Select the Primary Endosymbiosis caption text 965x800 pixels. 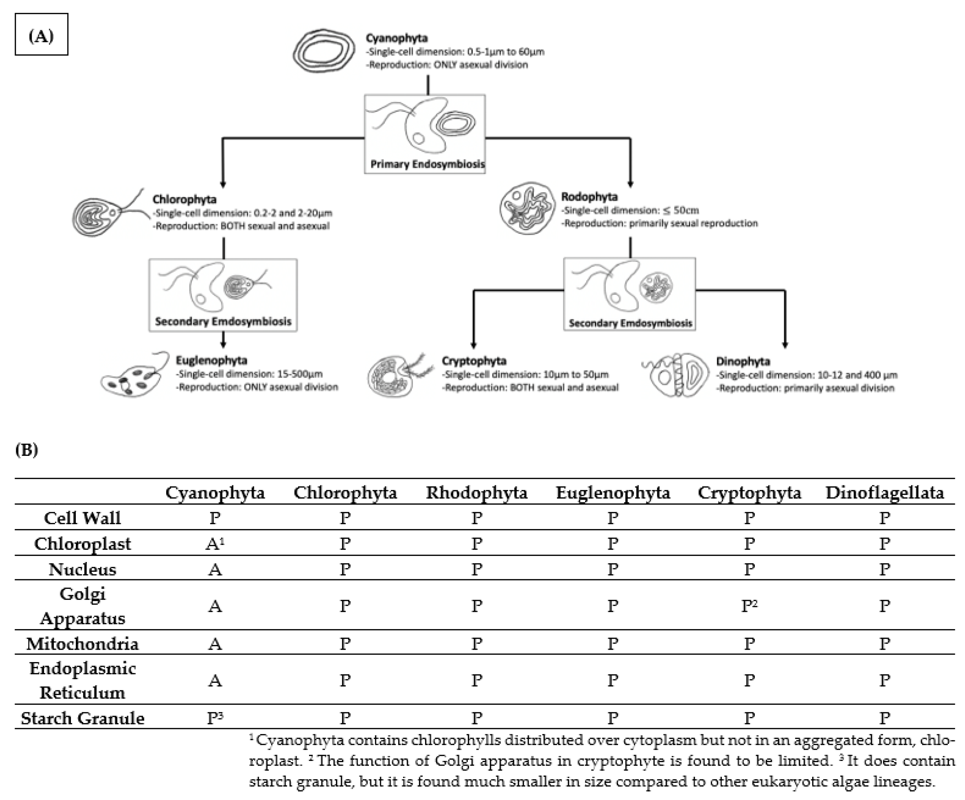point(427,164)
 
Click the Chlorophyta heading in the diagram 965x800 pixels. point(184,199)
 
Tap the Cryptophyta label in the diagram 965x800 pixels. point(474,361)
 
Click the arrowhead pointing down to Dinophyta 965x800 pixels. point(785,345)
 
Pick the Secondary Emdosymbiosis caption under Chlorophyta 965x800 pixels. point(223,321)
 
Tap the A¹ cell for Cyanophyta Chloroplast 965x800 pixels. point(214,544)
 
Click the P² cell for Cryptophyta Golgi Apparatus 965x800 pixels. point(749,606)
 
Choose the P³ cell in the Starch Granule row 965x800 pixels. point(214,718)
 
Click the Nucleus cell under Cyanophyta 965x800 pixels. point(214,569)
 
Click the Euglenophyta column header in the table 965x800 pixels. point(613,493)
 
